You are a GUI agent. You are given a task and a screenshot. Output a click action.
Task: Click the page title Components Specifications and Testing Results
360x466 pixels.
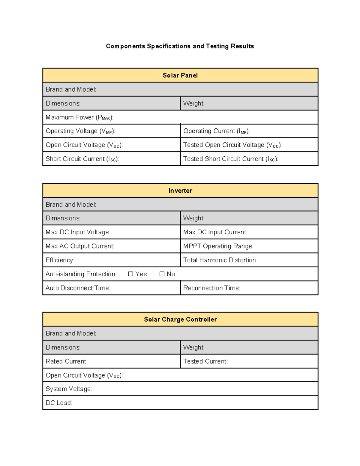click(x=180, y=46)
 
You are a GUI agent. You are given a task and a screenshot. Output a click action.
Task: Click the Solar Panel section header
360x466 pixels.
click(x=180, y=75)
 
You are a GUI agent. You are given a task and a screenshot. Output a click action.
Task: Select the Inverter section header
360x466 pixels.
click(x=180, y=191)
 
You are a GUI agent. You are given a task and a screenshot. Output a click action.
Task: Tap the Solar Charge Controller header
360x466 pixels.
click(x=180, y=319)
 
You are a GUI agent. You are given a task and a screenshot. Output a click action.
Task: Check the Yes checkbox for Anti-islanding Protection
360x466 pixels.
click(x=130, y=274)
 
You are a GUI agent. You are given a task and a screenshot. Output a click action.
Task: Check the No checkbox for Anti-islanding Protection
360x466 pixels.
click(x=162, y=274)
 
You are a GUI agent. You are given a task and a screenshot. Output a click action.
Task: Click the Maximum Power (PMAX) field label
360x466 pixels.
click(x=79, y=117)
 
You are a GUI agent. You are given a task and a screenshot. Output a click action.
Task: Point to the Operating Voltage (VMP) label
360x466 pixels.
click(x=80, y=131)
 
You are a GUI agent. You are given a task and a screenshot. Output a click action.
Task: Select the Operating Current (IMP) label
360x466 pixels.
click(x=216, y=131)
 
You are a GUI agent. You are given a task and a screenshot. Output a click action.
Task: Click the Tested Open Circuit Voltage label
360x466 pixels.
click(x=232, y=145)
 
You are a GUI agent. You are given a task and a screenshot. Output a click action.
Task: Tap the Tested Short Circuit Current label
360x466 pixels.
click(x=230, y=159)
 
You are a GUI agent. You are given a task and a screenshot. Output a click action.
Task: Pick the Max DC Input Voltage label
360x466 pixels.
click(x=78, y=232)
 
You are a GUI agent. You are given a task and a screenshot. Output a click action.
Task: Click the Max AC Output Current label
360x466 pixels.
click(x=80, y=246)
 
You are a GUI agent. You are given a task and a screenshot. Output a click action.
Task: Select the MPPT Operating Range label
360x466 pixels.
click(x=218, y=246)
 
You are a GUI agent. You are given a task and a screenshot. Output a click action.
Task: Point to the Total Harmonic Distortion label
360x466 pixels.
click(x=220, y=260)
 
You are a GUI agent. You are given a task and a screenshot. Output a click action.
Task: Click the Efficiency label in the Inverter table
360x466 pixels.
click(x=60, y=260)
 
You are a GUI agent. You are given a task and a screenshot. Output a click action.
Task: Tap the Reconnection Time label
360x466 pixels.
click(x=211, y=288)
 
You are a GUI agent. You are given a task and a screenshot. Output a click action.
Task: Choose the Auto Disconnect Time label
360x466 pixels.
click(x=78, y=288)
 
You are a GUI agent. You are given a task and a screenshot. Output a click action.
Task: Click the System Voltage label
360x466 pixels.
click(x=69, y=389)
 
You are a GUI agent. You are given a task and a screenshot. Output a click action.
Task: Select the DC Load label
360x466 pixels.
click(x=59, y=403)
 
